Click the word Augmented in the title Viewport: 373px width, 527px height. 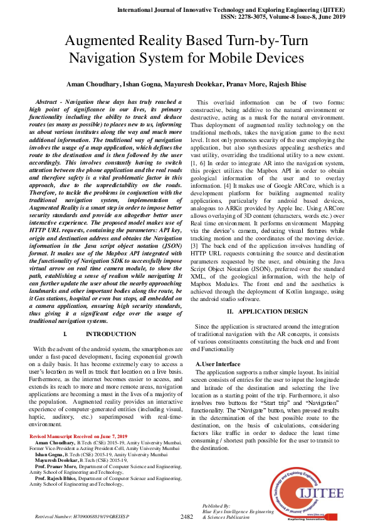click(x=104, y=41)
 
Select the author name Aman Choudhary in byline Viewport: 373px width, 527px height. click(x=98, y=83)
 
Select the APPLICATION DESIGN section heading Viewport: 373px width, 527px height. click(x=268, y=311)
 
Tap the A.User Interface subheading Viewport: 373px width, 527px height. click(x=218, y=363)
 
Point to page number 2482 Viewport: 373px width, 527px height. click(x=186, y=516)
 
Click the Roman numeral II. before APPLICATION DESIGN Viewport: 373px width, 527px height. click(x=230, y=311)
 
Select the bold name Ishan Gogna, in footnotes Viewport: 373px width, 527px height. click(x=52, y=454)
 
